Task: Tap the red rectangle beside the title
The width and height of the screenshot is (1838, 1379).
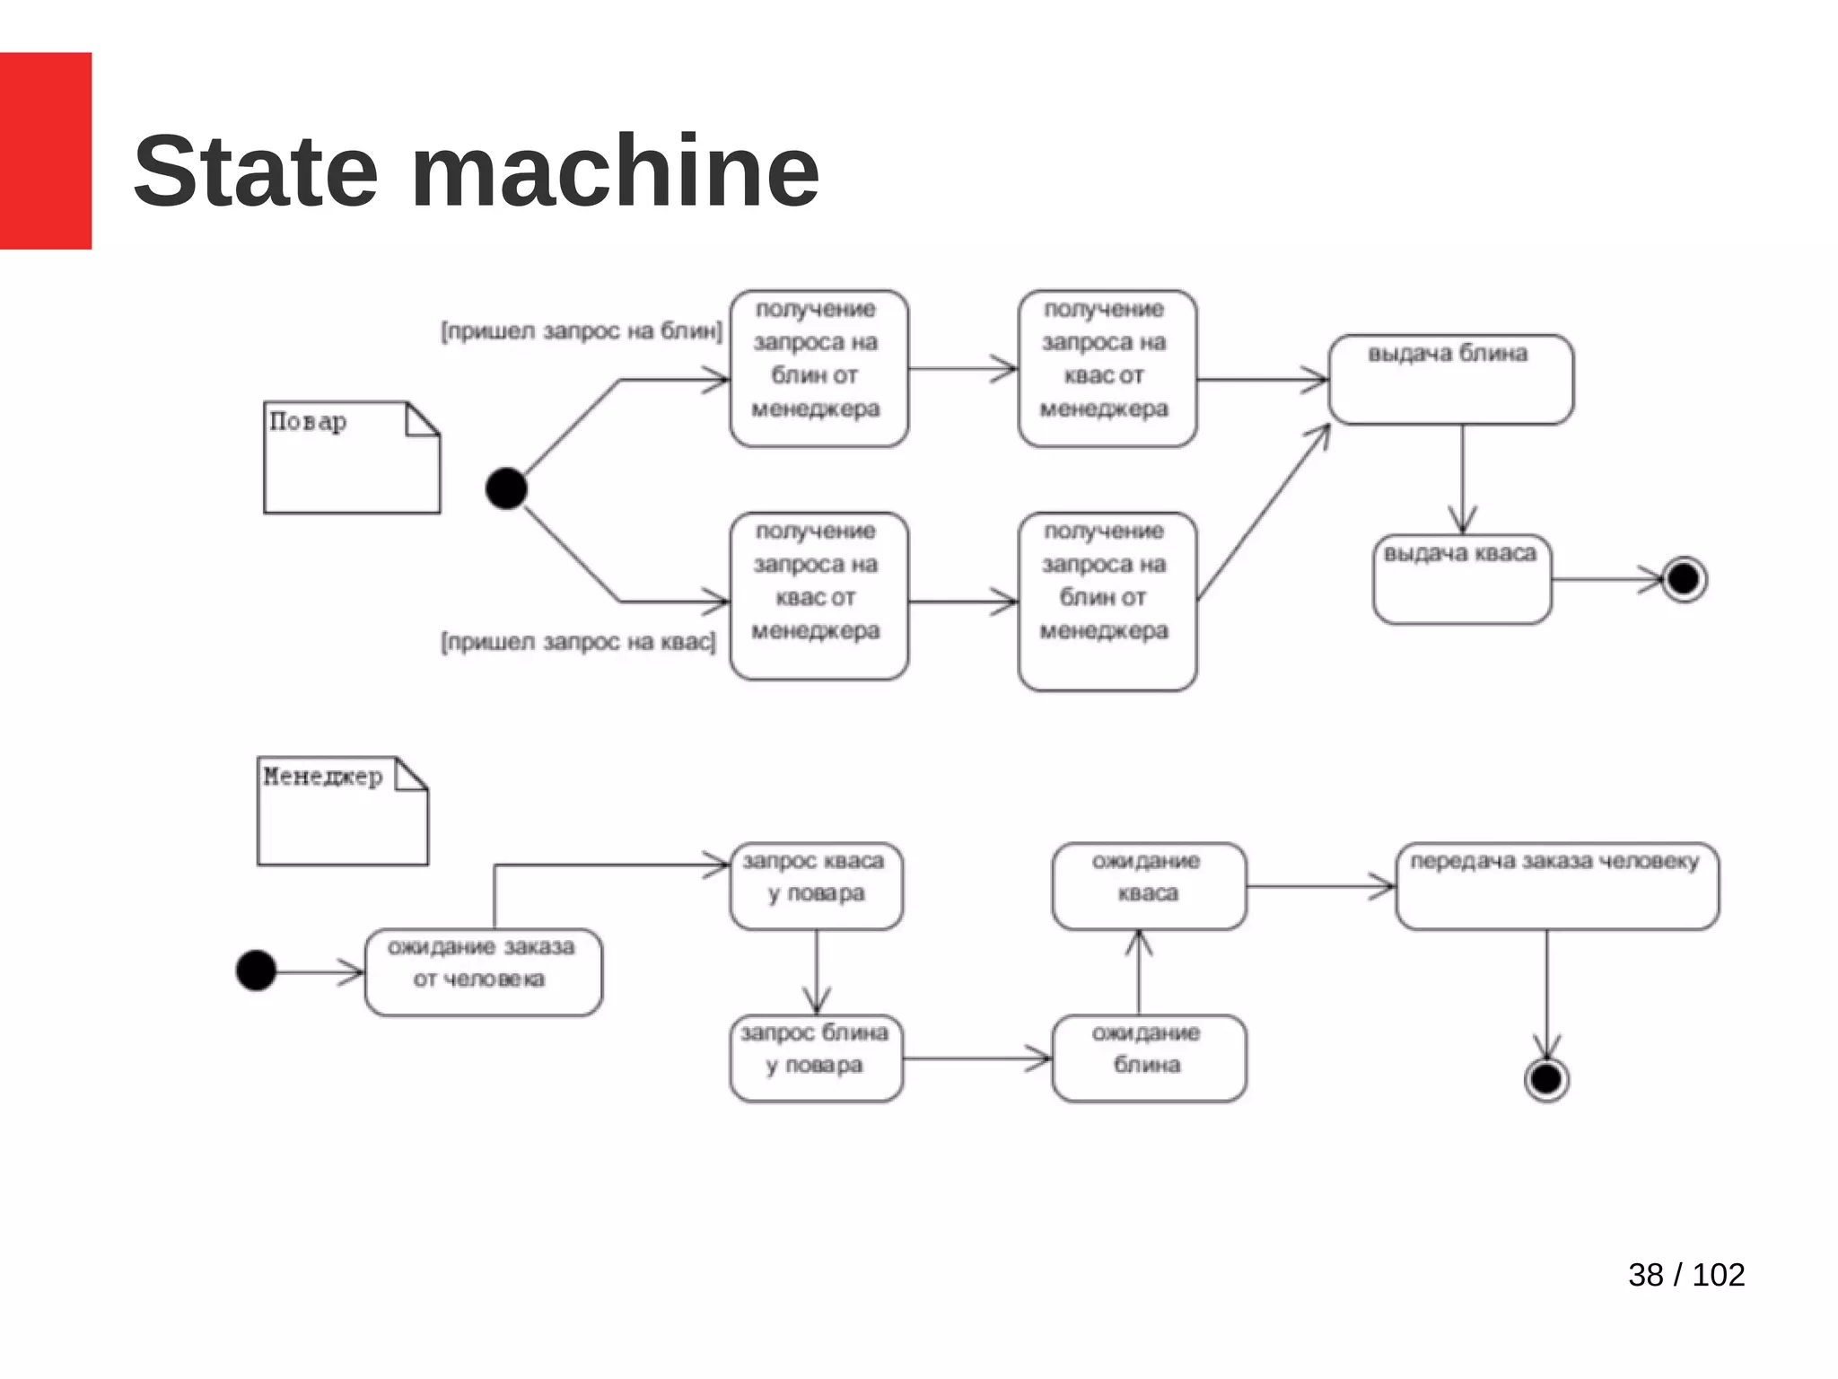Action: (x=45, y=150)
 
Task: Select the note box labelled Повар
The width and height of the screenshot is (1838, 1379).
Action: (x=351, y=457)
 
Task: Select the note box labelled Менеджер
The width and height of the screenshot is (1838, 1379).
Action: (x=342, y=811)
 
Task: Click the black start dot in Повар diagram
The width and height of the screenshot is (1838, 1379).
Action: (x=506, y=488)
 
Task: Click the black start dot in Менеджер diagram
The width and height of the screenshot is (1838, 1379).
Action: (x=256, y=971)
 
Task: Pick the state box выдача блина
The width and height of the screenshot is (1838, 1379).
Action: (x=1450, y=379)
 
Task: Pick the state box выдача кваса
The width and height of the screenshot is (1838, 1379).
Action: (x=1462, y=579)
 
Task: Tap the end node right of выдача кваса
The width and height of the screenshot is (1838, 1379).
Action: (x=1684, y=579)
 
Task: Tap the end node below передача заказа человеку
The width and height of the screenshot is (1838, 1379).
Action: (x=1546, y=1078)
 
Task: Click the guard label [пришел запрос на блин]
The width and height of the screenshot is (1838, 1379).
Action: (x=582, y=331)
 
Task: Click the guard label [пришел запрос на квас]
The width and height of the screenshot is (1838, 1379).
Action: (x=579, y=642)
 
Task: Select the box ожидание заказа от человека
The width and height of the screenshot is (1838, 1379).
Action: (x=483, y=971)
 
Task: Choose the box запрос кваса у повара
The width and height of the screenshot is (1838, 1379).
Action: (x=816, y=885)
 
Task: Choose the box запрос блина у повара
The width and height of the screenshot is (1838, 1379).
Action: (x=816, y=1058)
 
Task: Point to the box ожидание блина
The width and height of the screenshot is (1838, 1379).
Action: (x=1149, y=1058)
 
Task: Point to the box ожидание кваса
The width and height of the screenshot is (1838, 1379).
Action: (x=1149, y=885)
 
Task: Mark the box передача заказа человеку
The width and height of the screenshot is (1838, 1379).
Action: (x=1557, y=885)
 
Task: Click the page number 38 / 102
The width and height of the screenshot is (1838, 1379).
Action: (x=1685, y=1274)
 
